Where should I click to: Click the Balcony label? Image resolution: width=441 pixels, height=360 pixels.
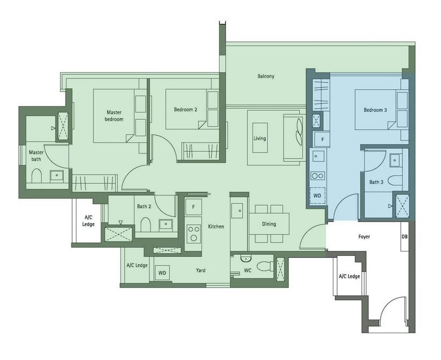coord(266,76)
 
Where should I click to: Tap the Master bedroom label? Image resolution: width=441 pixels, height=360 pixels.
coord(114,116)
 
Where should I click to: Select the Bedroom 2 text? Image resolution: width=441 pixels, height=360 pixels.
coord(186,109)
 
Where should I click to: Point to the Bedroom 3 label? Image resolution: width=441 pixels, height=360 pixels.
coord(375,110)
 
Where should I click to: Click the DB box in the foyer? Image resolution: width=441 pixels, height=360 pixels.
coord(404,236)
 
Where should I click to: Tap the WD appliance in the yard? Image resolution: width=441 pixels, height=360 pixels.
coord(162,273)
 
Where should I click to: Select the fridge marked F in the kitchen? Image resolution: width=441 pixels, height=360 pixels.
coord(194,207)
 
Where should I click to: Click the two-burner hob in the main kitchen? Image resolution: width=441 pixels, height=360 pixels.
coord(194,234)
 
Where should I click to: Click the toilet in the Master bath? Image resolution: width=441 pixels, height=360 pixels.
coord(37,176)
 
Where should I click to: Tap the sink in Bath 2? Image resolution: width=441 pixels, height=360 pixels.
coord(166,224)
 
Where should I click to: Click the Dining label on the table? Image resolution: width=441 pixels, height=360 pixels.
coord(269,224)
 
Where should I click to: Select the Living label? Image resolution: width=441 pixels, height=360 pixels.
coord(260,138)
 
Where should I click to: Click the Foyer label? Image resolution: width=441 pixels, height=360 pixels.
coord(364,236)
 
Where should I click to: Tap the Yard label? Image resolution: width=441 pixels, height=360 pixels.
coord(201,270)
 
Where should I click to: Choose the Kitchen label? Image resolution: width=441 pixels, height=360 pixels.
coord(216,226)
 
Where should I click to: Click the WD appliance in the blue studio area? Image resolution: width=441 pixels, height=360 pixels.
coord(317,196)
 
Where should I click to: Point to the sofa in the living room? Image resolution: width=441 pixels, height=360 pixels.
coord(294,138)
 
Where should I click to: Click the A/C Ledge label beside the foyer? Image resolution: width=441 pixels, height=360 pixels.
coord(350,276)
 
